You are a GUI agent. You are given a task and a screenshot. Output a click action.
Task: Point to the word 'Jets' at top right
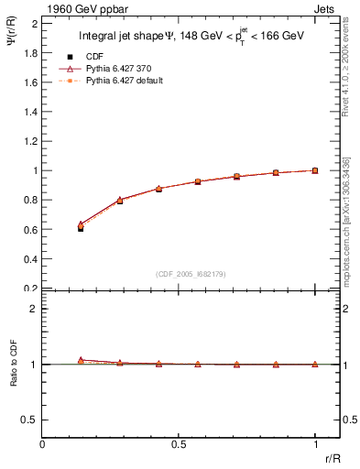(x=325, y=7)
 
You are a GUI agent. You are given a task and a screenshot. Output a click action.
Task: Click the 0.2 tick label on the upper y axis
(x=29, y=289)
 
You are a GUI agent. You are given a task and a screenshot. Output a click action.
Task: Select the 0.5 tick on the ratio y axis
(x=29, y=420)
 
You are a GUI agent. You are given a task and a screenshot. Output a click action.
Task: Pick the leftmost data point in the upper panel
(x=81, y=227)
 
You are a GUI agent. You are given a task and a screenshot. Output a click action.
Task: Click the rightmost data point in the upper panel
(x=315, y=170)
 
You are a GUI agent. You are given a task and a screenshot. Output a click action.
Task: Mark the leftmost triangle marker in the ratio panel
(x=81, y=360)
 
